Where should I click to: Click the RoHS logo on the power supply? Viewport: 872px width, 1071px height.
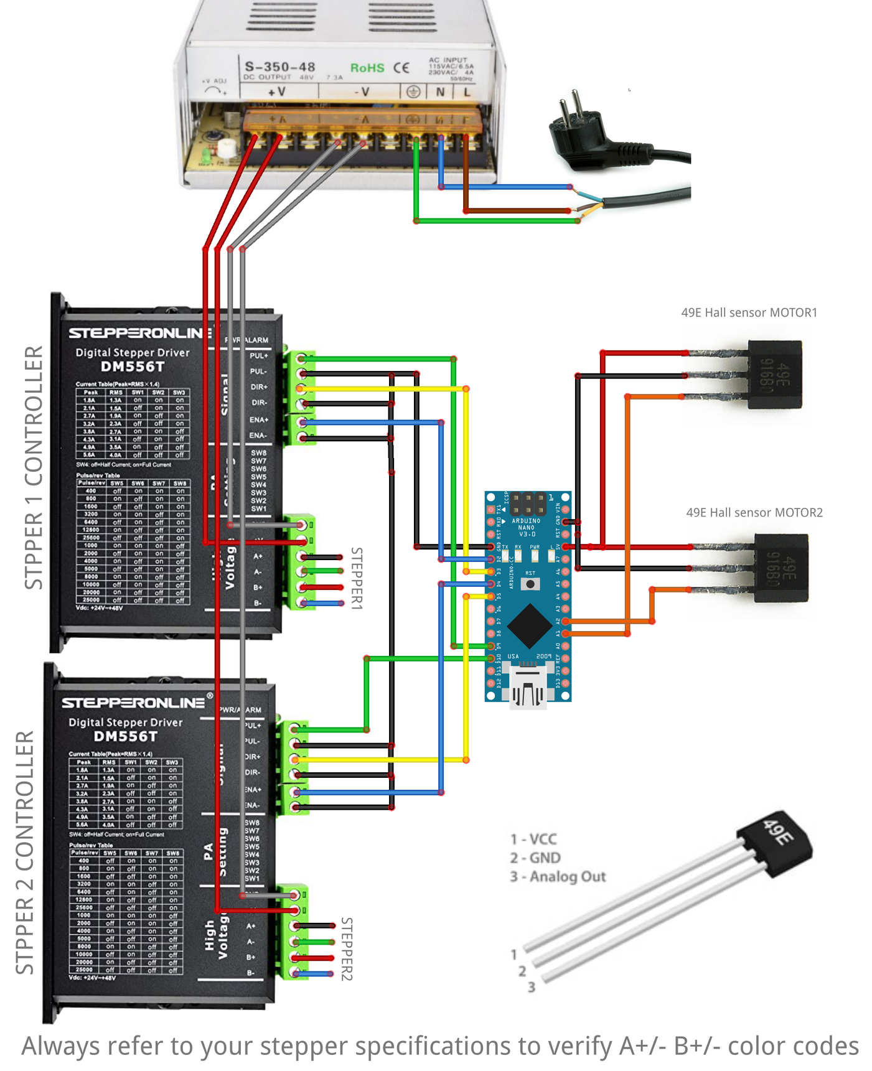[367, 68]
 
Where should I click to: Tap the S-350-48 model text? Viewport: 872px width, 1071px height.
[279, 67]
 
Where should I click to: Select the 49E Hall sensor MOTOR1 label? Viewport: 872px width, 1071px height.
[749, 312]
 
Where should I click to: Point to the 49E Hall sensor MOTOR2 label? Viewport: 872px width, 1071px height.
[754, 512]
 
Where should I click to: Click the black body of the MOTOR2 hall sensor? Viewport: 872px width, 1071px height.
[781, 568]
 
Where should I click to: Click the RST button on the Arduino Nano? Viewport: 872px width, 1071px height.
[530, 584]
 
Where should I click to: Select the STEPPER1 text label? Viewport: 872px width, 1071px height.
[356, 578]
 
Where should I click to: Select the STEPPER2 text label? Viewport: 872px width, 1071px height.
[347, 948]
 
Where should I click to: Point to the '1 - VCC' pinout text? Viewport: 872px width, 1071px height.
[533, 839]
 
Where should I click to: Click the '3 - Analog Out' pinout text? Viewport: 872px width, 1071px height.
[558, 876]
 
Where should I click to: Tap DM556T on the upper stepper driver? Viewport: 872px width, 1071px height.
[132, 367]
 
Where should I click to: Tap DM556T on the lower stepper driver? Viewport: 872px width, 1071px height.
[125, 736]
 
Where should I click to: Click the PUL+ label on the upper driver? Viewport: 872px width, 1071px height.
[258, 356]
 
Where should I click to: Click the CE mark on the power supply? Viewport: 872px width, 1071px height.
[401, 68]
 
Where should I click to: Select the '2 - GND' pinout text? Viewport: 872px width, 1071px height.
[535, 858]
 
